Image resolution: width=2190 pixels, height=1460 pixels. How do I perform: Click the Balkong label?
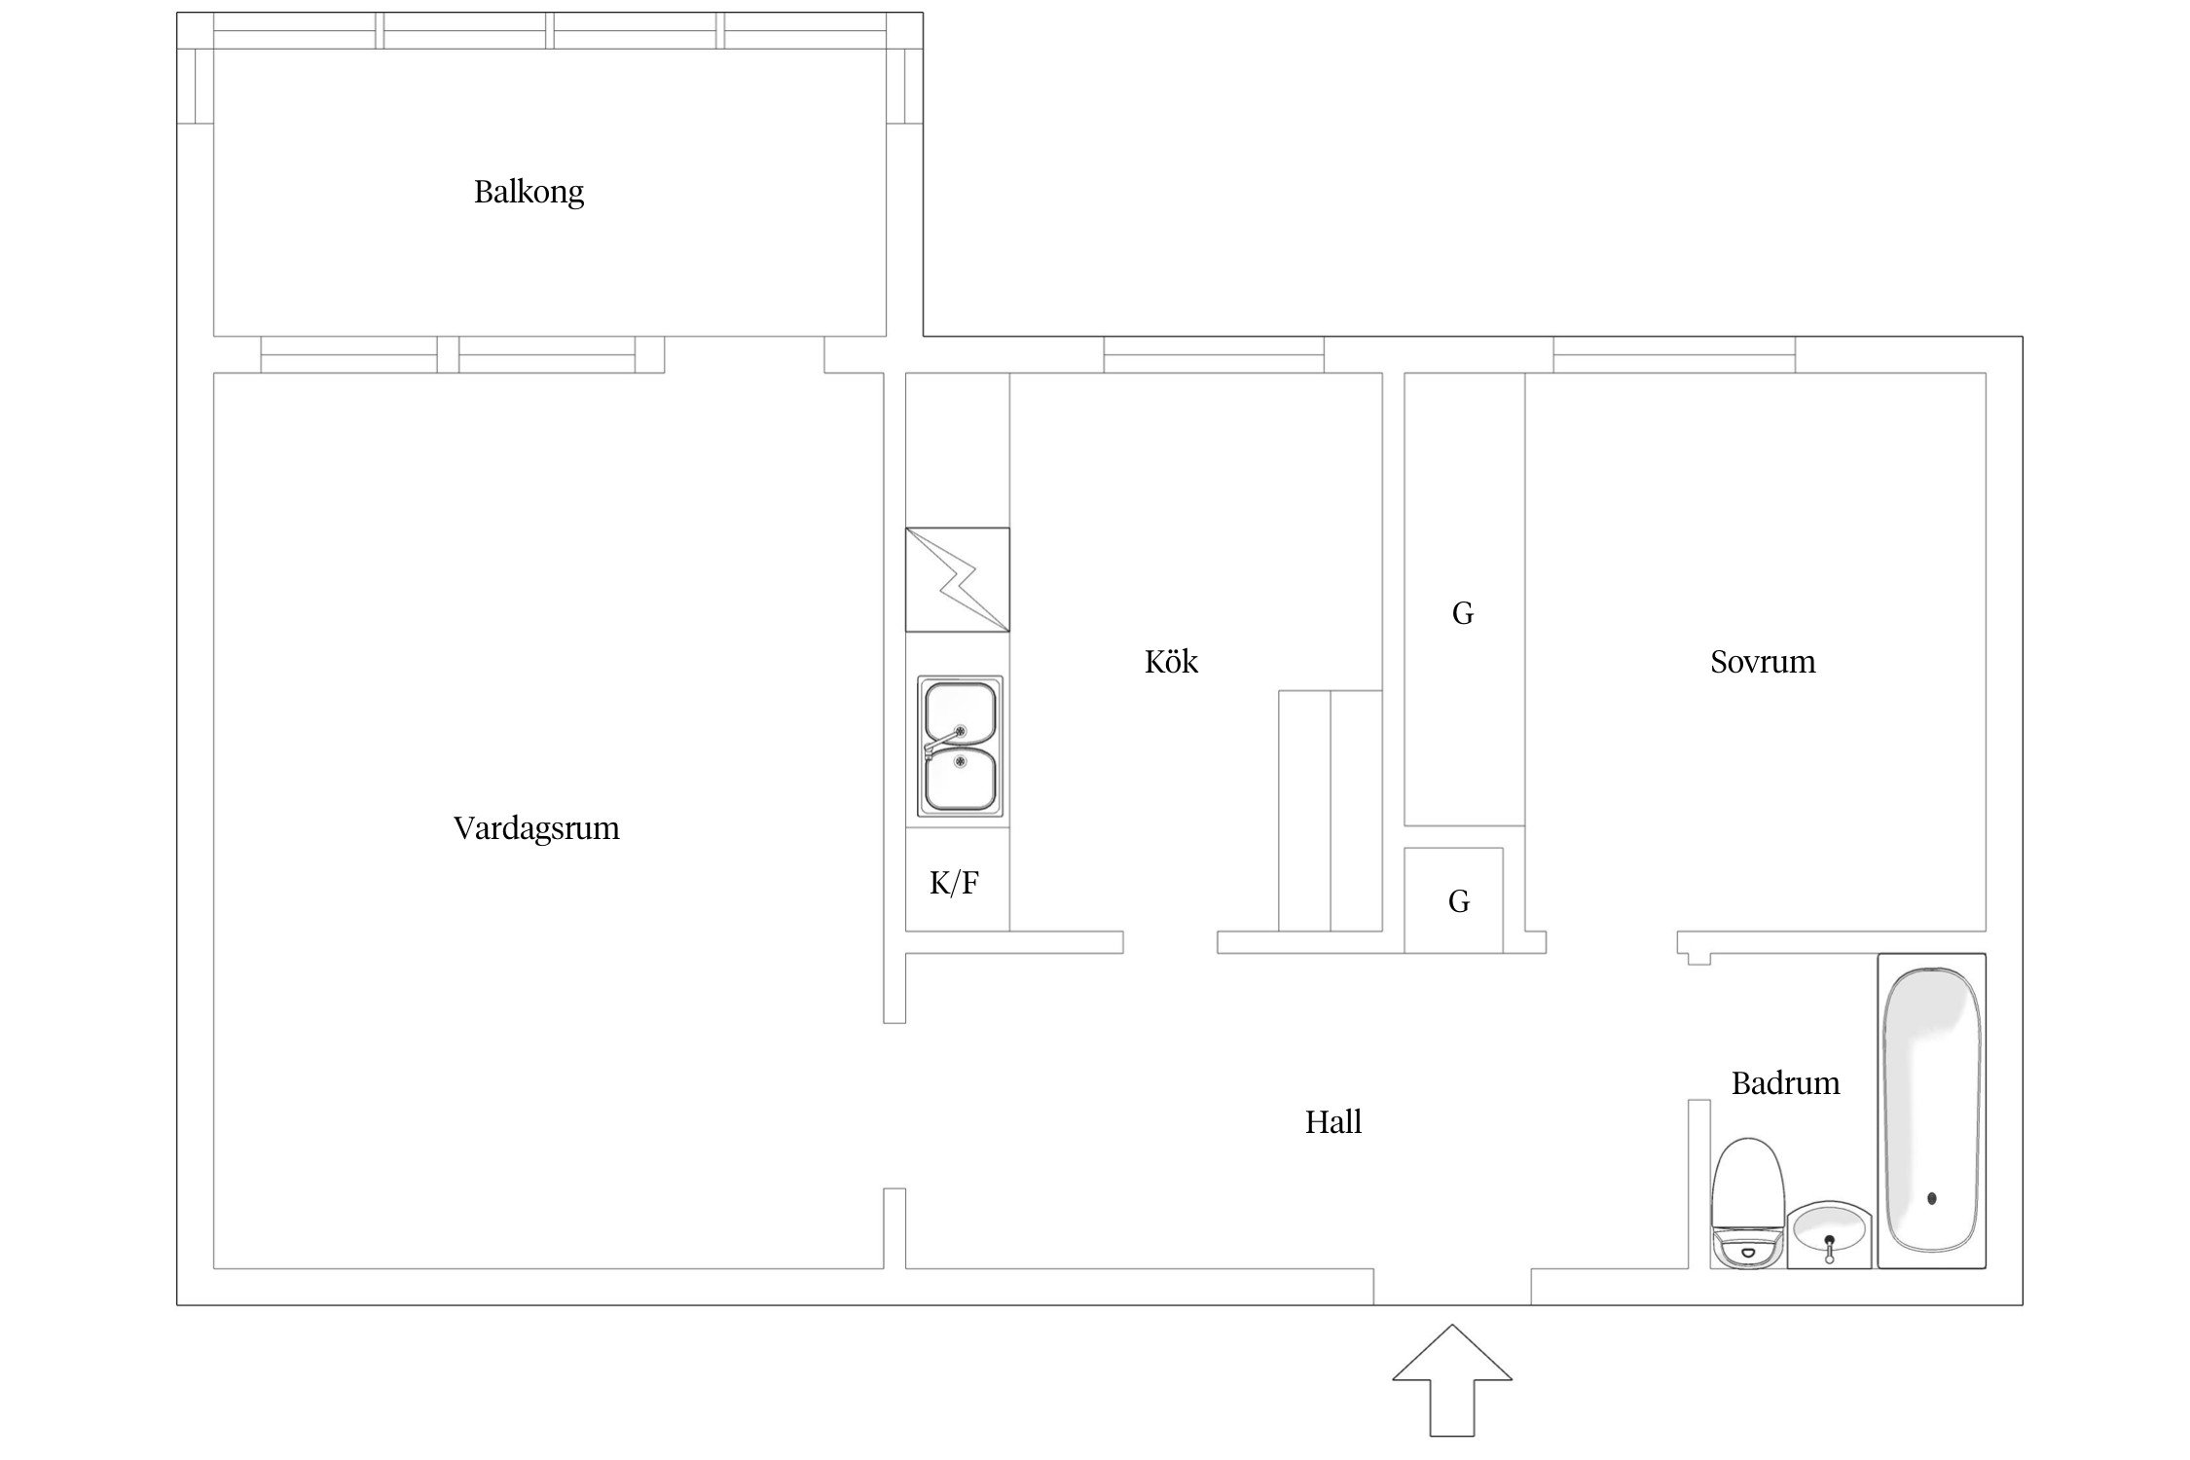tap(529, 192)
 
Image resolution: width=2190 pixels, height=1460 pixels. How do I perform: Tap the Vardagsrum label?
tap(536, 828)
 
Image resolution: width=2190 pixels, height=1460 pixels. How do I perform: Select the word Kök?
tap(1171, 662)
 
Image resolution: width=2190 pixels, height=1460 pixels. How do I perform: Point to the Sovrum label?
tap(1763, 662)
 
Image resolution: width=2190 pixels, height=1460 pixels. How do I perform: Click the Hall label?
tap(1333, 1122)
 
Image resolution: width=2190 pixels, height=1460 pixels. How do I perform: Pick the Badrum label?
tap(1785, 1083)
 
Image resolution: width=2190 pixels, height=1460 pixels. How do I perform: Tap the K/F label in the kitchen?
tap(954, 883)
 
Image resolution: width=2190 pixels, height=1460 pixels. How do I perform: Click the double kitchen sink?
tap(960, 747)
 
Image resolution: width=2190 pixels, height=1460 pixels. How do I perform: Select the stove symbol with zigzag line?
tap(958, 579)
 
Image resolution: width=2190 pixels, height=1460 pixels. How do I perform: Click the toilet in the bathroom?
tap(1748, 1204)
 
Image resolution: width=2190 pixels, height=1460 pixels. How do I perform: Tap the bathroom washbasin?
tap(1830, 1234)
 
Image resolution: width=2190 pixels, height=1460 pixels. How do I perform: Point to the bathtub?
tap(1932, 1111)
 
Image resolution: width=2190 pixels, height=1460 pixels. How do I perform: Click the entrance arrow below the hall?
tap(1452, 1380)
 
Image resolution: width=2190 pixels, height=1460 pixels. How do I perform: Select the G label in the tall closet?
tap(1463, 613)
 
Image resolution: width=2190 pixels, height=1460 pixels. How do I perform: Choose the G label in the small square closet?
tap(1458, 901)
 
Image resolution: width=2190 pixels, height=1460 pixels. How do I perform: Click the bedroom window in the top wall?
tap(1674, 354)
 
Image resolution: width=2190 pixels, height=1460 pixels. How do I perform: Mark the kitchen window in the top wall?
tap(1214, 354)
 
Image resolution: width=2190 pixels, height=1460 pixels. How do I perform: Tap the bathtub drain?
tap(1932, 1198)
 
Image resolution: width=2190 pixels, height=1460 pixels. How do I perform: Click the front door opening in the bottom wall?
tap(1452, 1287)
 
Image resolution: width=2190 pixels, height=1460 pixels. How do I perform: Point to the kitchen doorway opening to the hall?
tap(1171, 942)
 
